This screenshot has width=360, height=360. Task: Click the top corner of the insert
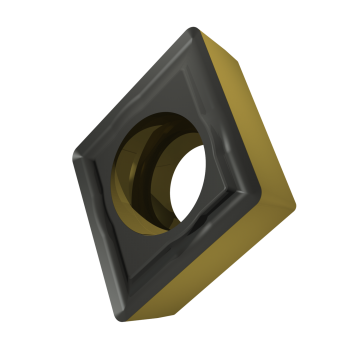[x=191, y=31]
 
